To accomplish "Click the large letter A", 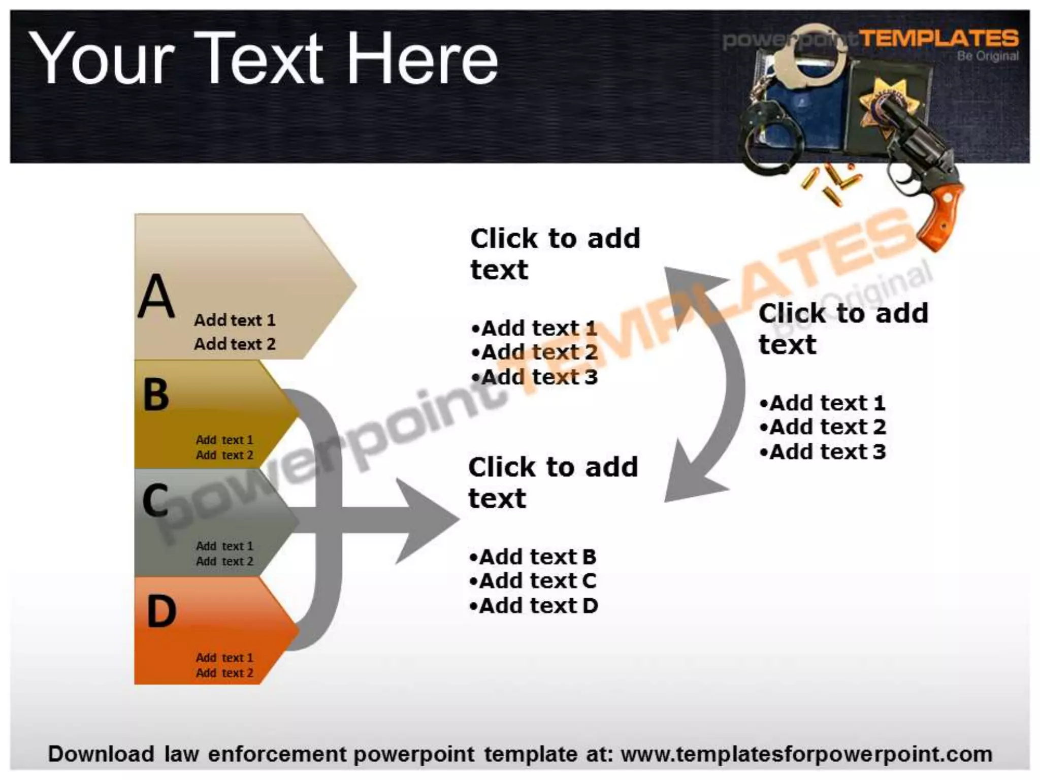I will (157, 296).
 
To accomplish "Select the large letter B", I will (156, 395).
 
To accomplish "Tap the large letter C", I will (155, 500).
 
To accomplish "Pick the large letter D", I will (161, 611).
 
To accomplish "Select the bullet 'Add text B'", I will (533, 557).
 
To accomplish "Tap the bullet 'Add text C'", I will (533, 581).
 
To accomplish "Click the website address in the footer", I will (806, 754).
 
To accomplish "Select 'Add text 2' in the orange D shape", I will (224, 673).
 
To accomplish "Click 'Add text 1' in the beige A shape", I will (235, 320).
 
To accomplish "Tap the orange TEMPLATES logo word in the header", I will (938, 39).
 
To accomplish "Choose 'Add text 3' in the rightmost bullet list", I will (823, 451).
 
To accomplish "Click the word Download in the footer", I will (101, 754).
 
